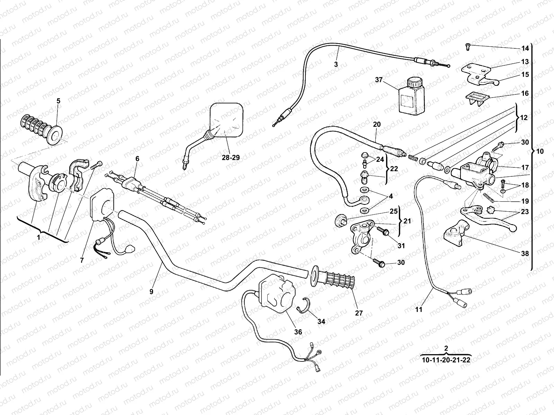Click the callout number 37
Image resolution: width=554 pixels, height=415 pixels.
378,80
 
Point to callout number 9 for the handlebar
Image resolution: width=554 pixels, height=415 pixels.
151,292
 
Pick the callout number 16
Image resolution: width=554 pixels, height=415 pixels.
525,93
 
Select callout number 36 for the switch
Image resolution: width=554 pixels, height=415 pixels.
298,332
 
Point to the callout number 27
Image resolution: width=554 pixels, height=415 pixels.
359,313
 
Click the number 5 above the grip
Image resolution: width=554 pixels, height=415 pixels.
58,101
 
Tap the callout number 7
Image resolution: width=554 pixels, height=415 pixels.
82,260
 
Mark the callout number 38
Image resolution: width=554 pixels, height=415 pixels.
525,253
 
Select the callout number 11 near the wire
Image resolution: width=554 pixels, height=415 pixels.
419,310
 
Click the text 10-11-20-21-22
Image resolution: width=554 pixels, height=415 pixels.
446,360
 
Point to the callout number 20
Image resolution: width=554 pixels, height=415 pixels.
377,124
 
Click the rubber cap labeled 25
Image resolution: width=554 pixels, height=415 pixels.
340,220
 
